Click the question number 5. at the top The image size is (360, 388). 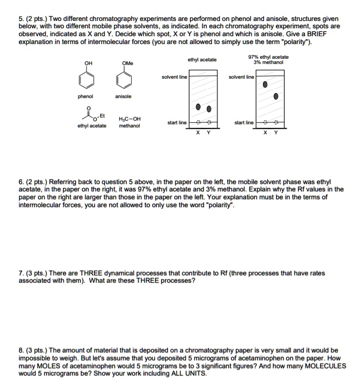click(7, 18)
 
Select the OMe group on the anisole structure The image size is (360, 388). click(128, 64)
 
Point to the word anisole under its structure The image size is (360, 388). click(124, 96)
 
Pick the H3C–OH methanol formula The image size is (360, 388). click(130, 118)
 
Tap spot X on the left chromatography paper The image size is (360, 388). click(198, 107)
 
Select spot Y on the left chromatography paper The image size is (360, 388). click(209, 109)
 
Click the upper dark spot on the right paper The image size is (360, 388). click(266, 84)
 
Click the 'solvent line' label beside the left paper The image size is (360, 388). click(175, 77)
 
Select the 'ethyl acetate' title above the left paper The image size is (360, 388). click(202, 60)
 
